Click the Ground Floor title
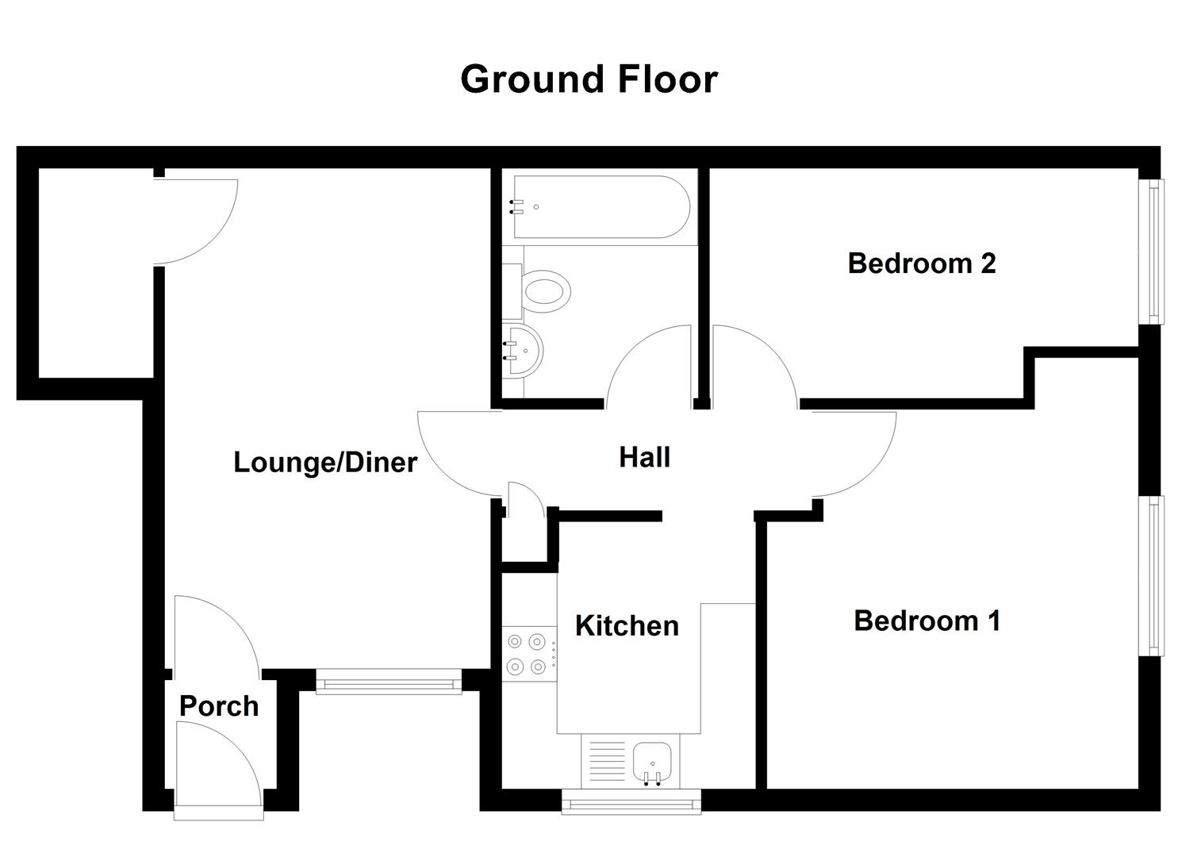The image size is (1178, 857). point(589,79)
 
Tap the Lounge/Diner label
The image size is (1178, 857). point(324,462)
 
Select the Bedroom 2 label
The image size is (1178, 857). point(921,263)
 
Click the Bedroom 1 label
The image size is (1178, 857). point(927,621)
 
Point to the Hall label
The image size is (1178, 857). point(644,457)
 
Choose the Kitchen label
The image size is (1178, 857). point(627,625)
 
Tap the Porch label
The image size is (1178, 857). point(219,705)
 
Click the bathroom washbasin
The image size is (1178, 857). point(523,350)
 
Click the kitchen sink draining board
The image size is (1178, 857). point(607,761)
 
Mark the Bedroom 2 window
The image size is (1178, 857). point(1156,252)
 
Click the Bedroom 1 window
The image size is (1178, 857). point(1156,575)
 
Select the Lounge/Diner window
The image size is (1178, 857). point(389,682)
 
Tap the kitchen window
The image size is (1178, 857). point(631,801)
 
